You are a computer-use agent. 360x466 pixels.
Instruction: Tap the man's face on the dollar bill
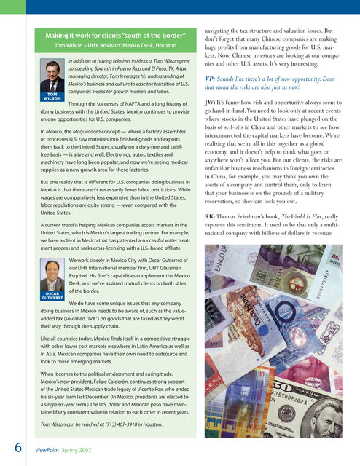pos(334,426)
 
